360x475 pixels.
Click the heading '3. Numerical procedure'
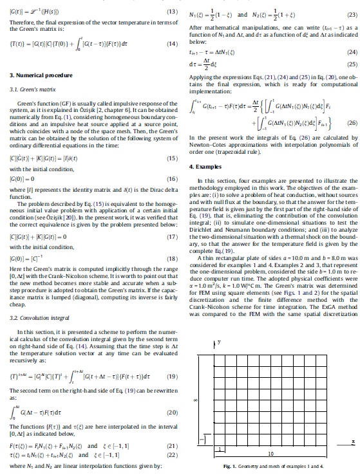coord(31,75)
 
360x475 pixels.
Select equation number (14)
coord(172,44)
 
